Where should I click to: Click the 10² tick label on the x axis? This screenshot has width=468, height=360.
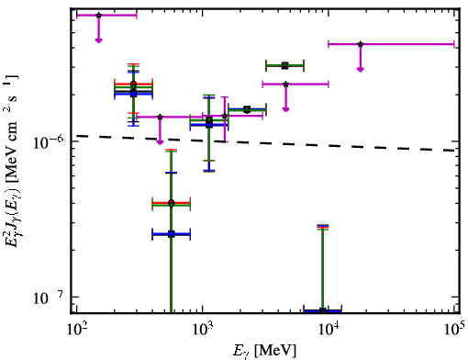pyautogui.click(x=76, y=330)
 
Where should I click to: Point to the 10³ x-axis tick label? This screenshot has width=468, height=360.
pyautogui.click(x=203, y=330)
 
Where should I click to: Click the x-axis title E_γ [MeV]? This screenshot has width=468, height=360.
pyautogui.click(x=264, y=351)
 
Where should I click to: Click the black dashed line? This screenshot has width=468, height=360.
pyautogui.click(x=265, y=143)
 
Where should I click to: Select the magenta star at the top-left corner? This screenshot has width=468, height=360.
pyautogui.click(x=98, y=15)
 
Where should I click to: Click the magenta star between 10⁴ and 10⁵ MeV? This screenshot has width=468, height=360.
pyautogui.click(x=361, y=44)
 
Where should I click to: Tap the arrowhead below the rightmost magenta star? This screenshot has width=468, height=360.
pyautogui.click(x=361, y=70)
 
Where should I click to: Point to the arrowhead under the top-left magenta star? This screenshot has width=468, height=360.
pyautogui.click(x=98, y=40)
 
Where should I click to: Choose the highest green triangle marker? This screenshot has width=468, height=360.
pyautogui.click(x=284, y=65)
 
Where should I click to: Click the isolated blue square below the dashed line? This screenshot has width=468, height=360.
pyautogui.click(x=172, y=234)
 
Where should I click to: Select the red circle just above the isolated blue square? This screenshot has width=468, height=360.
pyautogui.click(x=172, y=202)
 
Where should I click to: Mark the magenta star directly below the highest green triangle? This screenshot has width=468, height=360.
pyautogui.click(x=285, y=84)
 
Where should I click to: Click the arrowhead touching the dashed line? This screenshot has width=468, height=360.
pyautogui.click(x=160, y=142)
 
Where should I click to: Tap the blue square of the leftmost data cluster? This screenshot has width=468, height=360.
pyautogui.click(x=133, y=94)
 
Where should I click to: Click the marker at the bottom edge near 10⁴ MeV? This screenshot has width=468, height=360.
pyautogui.click(x=322, y=310)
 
